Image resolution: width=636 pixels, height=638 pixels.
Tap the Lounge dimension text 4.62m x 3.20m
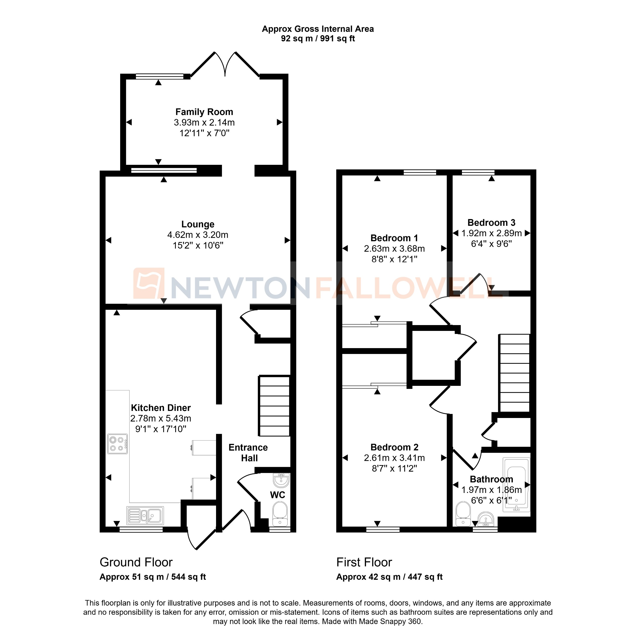click(x=197, y=235)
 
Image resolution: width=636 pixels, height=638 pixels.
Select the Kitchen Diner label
click(x=161, y=408)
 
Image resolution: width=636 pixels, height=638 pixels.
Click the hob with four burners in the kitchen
click(x=117, y=444)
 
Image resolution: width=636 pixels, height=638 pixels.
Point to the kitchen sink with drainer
click(x=145, y=515)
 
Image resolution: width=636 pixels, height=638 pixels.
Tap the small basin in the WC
click(x=281, y=480)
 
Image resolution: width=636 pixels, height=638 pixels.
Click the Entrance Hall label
click(x=248, y=453)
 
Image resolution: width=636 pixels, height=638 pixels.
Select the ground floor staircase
click(x=274, y=406)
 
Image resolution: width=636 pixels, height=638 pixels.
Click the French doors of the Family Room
click(x=225, y=64)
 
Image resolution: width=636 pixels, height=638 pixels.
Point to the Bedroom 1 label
click(x=394, y=238)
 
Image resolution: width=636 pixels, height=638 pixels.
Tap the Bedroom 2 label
click(x=394, y=447)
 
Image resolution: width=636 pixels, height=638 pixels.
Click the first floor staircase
click(x=514, y=373)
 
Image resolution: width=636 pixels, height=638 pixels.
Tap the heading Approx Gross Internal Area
click(x=317, y=29)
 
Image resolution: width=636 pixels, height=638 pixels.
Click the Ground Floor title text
click(x=136, y=562)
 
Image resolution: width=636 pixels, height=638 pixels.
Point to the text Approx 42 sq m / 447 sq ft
click(x=389, y=577)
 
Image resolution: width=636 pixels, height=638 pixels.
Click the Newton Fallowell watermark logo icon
click(x=149, y=283)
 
